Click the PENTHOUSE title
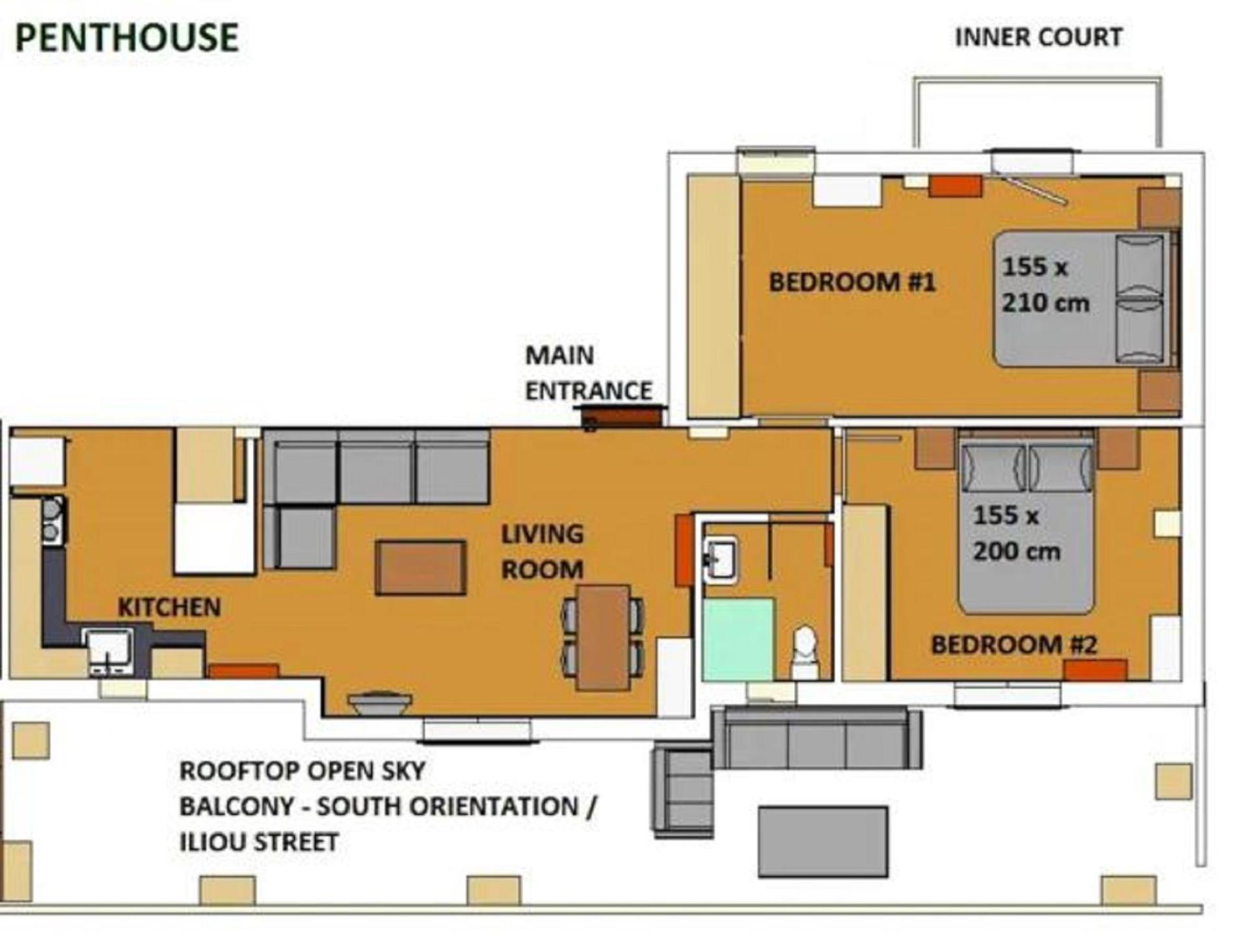[x=127, y=37]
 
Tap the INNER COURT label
[x=1038, y=37]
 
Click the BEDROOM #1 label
[x=852, y=282]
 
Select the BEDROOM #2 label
[x=1014, y=644]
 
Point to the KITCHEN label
[x=169, y=607]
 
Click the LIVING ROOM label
[x=543, y=552]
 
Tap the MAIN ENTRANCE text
[x=589, y=373]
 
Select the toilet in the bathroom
[x=805, y=652]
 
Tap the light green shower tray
[x=738, y=639]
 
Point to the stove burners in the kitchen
[x=53, y=520]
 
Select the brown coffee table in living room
[x=420, y=568]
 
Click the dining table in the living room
[x=604, y=638]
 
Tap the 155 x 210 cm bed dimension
[x=1045, y=285]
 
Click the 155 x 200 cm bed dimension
[x=1017, y=533]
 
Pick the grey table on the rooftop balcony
[x=823, y=841]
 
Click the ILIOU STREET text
[x=259, y=842]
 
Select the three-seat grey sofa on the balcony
[x=817, y=738]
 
